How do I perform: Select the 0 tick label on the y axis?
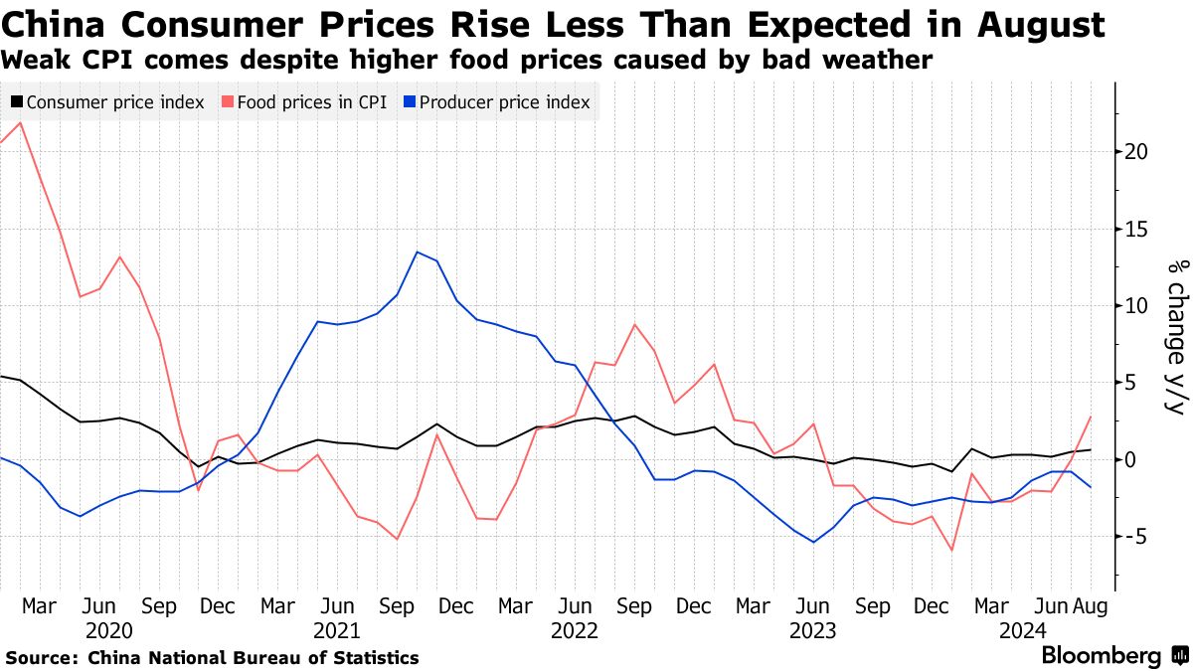pyautogui.click(x=1130, y=459)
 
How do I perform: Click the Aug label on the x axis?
pyautogui.click(x=1091, y=605)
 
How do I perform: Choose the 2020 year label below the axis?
pyautogui.click(x=108, y=630)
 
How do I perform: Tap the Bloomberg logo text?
pyautogui.click(x=1101, y=656)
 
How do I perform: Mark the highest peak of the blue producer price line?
pyautogui.click(x=418, y=252)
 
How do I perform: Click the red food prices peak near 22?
pyautogui.click(x=21, y=122)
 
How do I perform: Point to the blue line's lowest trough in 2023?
pyautogui.click(x=814, y=542)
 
